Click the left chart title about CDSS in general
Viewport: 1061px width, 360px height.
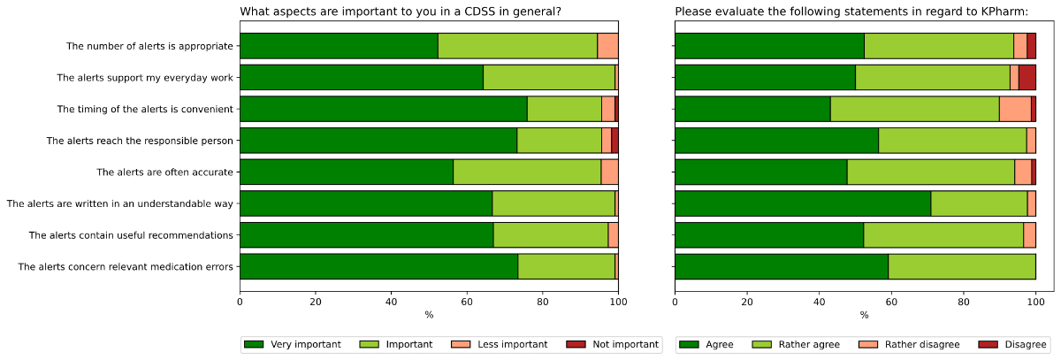(401, 11)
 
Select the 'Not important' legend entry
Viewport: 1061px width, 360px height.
(624, 344)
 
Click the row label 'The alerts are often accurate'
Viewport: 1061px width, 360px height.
(164, 172)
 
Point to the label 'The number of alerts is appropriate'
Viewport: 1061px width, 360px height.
(149, 46)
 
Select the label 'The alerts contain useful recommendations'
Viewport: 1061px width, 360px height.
(131, 235)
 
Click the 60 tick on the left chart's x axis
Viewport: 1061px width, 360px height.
(467, 302)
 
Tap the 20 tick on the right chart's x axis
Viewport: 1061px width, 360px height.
(747, 302)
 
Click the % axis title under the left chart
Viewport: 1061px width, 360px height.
(429, 315)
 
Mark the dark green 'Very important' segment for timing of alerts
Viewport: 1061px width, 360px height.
(383, 109)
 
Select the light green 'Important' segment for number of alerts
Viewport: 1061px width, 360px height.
(517, 46)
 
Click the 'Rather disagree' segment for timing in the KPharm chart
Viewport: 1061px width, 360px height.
(1015, 109)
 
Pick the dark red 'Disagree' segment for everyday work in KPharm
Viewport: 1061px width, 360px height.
(1027, 78)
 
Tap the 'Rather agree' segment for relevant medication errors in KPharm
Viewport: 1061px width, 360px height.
(962, 266)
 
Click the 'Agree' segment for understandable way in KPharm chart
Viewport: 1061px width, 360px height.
(803, 203)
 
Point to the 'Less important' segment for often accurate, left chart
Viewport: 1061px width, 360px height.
(609, 172)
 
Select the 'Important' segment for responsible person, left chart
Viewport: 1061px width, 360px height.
(559, 141)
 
